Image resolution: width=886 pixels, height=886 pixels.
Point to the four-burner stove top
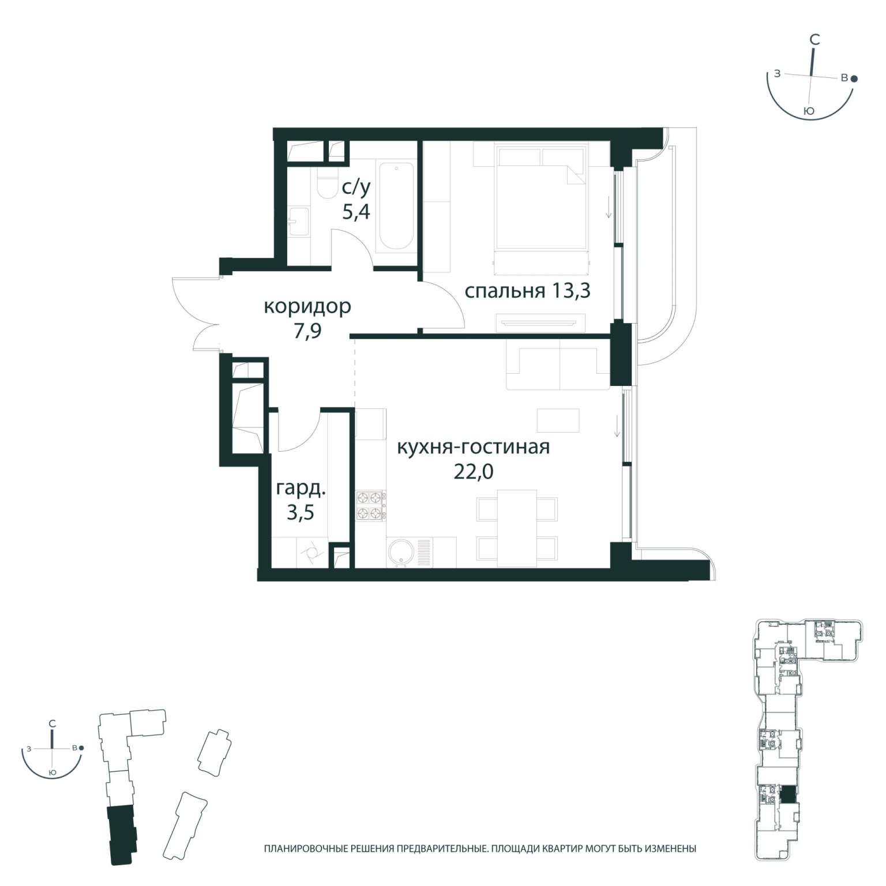click(371, 505)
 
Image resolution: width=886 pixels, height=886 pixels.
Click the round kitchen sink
click(399, 552)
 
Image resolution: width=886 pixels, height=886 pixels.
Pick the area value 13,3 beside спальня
click(571, 291)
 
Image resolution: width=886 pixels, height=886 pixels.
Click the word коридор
click(307, 307)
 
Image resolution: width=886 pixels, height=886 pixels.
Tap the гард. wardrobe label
click(301, 489)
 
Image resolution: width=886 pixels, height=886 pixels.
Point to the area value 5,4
click(356, 212)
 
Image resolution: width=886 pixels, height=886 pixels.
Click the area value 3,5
click(301, 512)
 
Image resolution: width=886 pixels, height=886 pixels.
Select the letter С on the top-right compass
click(815, 40)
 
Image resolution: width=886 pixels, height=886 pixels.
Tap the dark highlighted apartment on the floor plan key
click(787, 795)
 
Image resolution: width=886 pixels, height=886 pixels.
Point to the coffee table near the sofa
click(558, 420)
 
